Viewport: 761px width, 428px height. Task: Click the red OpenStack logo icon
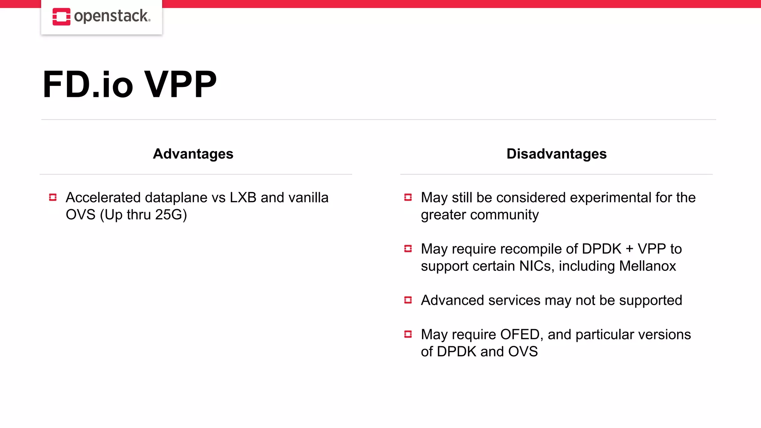point(61,17)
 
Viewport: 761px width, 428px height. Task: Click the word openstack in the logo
point(111,16)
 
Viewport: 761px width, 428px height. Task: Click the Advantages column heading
point(193,154)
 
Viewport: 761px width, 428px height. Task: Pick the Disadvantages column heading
point(556,154)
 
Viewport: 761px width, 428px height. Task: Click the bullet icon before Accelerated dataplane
point(53,197)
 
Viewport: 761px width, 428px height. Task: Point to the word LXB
point(243,198)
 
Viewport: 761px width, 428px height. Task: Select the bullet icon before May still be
point(408,197)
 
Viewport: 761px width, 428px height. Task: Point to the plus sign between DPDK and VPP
point(629,249)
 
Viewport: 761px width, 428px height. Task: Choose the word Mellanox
point(648,266)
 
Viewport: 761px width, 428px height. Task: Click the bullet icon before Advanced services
point(408,300)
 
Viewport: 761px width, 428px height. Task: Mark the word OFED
point(519,334)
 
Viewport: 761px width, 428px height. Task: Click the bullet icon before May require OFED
point(408,334)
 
